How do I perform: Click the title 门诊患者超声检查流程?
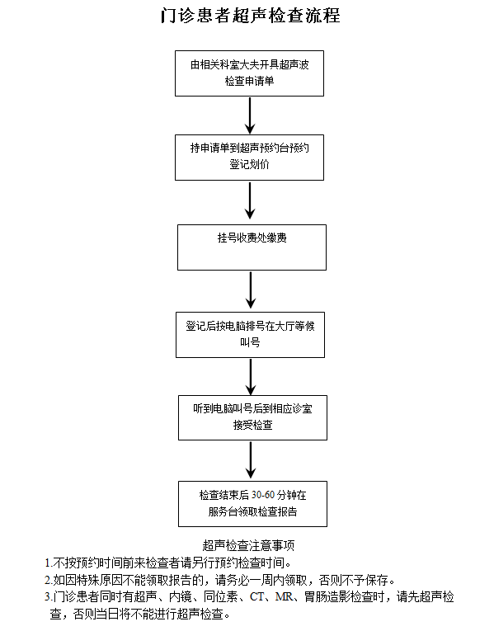pyautogui.click(x=250, y=16)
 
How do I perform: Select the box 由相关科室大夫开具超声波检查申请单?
pyautogui.click(x=249, y=73)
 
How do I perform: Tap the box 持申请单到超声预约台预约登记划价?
pyautogui.click(x=249, y=158)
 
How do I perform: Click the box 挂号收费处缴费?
pyautogui.click(x=252, y=247)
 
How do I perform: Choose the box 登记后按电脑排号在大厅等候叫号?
pyautogui.click(x=250, y=335)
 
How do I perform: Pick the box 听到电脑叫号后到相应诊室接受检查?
pyautogui.click(x=252, y=417)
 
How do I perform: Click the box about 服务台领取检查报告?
pyautogui.click(x=252, y=504)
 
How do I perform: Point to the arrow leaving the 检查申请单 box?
pyautogui.click(x=250, y=115)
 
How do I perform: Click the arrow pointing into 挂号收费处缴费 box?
pyautogui.click(x=250, y=200)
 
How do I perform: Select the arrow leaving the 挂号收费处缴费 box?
pyautogui.click(x=251, y=290)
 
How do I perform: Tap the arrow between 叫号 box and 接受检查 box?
pyautogui.click(x=251, y=377)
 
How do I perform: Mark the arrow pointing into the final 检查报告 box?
pyautogui.click(x=251, y=460)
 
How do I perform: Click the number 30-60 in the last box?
pyautogui.click(x=263, y=495)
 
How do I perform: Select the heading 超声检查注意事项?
pyautogui.click(x=248, y=545)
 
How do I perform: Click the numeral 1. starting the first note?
pyautogui.click(x=49, y=563)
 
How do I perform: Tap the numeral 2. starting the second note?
pyautogui.click(x=49, y=581)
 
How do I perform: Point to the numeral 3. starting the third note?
pyautogui.click(x=49, y=597)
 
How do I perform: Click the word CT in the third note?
pyautogui.click(x=256, y=596)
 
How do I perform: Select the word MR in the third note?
pyautogui.click(x=284, y=596)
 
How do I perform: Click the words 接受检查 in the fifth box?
pyautogui.click(x=252, y=425)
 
